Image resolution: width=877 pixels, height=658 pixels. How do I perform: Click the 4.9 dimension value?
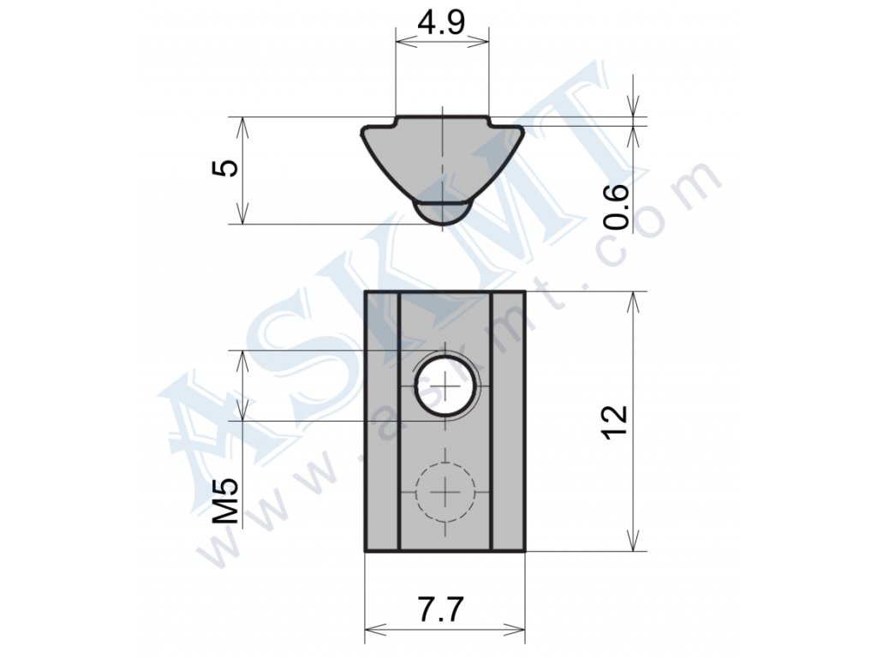tap(442, 22)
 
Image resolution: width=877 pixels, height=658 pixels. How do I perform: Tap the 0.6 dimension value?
tap(617, 206)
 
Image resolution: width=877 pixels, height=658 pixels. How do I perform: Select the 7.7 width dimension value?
tap(441, 609)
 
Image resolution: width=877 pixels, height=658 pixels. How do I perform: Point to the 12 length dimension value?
tap(616, 422)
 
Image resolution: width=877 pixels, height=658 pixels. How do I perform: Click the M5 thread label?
tap(226, 501)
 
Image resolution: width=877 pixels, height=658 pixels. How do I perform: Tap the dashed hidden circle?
tap(445, 492)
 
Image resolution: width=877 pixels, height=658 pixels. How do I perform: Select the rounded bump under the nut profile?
tap(442, 213)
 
